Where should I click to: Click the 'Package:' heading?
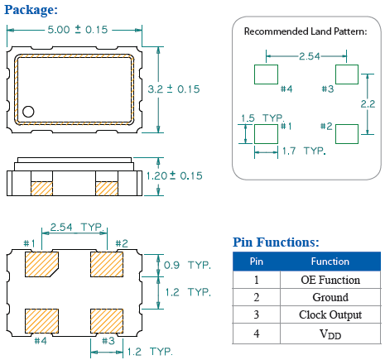coord(31,9)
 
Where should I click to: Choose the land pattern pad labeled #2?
coord(347,132)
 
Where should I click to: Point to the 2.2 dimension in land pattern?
coord(369,103)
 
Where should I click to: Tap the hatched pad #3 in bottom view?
coord(106,319)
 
